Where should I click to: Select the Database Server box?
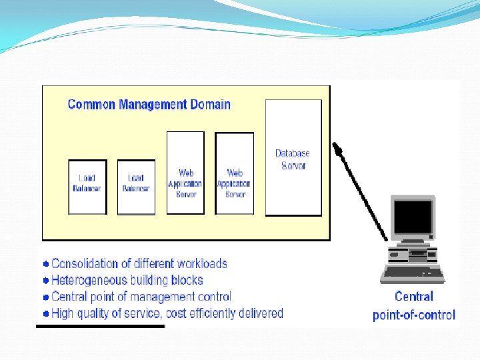click(x=293, y=157)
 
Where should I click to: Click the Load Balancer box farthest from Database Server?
click(x=87, y=187)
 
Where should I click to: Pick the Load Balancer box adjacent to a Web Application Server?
click(x=136, y=187)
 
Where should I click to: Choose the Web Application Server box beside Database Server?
click(x=235, y=173)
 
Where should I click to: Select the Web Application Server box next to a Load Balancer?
click(x=185, y=173)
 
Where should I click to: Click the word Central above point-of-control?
click(x=414, y=297)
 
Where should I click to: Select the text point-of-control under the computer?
click(x=414, y=315)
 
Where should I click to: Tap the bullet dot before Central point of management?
click(x=46, y=297)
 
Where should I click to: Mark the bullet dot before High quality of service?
click(x=46, y=313)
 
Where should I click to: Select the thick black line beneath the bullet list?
click(x=100, y=327)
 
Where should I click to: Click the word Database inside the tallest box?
click(x=293, y=153)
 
